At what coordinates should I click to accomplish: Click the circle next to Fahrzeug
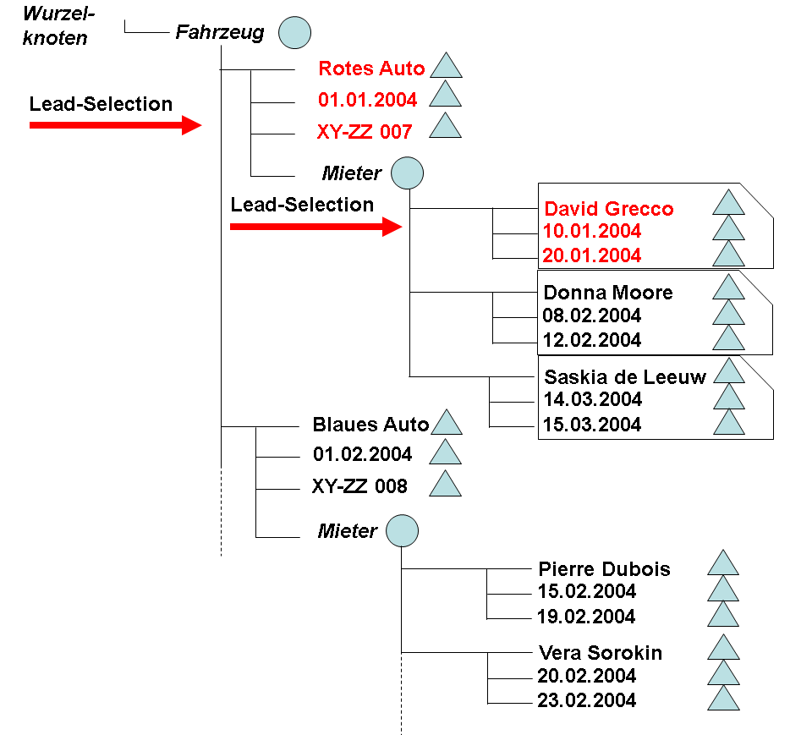point(294,32)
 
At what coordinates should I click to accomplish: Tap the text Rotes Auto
point(371,69)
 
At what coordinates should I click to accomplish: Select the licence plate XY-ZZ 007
point(365,131)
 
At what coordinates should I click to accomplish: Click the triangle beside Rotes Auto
point(446,67)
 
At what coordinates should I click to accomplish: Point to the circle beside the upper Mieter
point(407,173)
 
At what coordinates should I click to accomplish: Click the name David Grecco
point(608,209)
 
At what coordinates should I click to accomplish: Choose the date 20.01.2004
point(592,255)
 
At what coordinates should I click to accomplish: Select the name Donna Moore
point(608,293)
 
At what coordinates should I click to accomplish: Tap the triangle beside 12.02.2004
point(728,338)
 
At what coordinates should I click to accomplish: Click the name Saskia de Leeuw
point(625,377)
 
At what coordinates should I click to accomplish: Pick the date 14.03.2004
point(592,399)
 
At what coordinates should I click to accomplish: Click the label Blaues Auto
point(370,424)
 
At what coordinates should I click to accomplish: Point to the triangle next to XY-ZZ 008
point(445,485)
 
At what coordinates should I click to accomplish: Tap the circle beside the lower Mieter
point(402,531)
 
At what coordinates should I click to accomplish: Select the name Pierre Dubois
point(604,569)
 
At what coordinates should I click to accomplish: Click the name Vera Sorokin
point(600,653)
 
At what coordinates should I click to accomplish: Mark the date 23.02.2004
point(586,700)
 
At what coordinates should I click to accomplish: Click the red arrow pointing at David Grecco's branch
point(315,227)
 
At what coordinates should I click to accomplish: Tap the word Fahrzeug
point(220,32)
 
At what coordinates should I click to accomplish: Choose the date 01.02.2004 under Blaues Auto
point(362,454)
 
